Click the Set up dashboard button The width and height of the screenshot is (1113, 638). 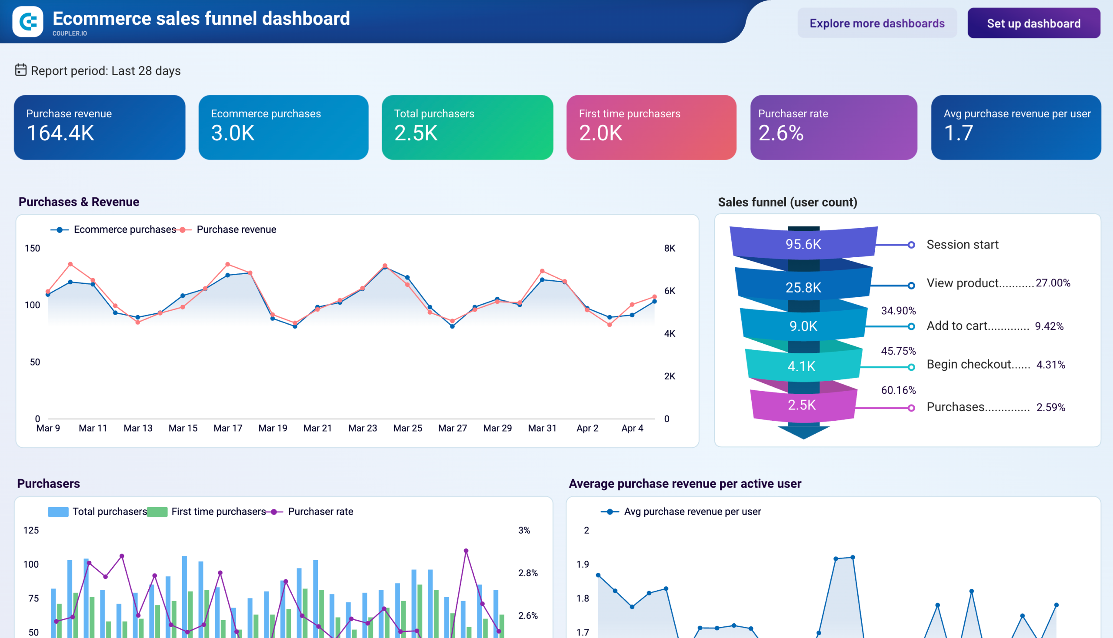click(x=1033, y=23)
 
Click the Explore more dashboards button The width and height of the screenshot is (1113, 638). click(x=877, y=23)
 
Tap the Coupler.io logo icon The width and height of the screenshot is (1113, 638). click(x=28, y=21)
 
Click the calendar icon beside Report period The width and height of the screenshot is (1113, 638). click(x=20, y=70)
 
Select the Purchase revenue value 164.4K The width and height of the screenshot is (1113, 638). click(x=60, y=133)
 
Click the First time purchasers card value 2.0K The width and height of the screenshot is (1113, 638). click(x=600, y=133)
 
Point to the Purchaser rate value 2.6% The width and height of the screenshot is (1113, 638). click(x=781, y=133)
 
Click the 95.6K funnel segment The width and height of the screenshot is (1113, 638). click(x=803, y=244)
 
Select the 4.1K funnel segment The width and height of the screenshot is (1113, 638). click(x=801, y=366)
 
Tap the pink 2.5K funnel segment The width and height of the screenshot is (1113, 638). click(x=802, y=405)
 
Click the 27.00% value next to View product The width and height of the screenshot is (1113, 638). click(x=1053, y=283)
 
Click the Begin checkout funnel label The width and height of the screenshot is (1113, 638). click(x=977, y=365)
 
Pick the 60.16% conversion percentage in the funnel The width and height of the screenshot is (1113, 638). click(x=898, y=390)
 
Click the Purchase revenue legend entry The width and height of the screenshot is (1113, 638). click(x=236, y=229)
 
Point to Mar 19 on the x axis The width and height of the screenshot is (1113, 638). click(x=273, y=428)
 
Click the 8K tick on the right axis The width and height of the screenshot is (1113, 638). click(x=670, y=249)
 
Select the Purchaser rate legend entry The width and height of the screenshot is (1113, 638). click(x=320, y=512)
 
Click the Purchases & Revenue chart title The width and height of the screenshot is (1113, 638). click(x=79, y=202)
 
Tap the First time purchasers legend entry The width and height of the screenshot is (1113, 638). click(x=218, y=512)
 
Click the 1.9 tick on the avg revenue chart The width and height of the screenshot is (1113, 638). click(x=583, y=565)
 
